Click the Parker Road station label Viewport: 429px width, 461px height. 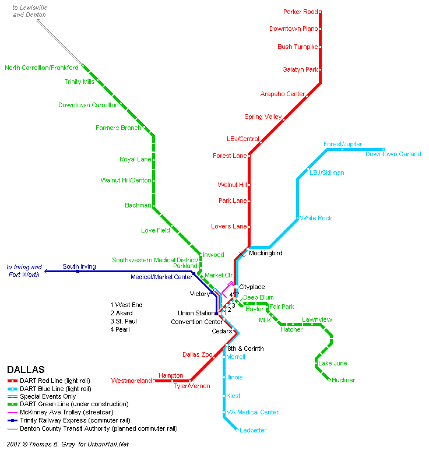coord(300,12)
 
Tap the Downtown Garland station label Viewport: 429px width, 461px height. coord(393,154)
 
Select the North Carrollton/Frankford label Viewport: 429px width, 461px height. coord(41,68)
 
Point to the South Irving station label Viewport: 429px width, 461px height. coord(79,267)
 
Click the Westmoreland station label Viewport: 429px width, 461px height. coord(131,381)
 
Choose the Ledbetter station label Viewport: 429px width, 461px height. coord(253,431)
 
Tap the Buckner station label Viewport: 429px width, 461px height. coord(343,381)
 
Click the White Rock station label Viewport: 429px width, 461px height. coord(316,219)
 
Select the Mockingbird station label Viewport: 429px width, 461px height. coord(265,254)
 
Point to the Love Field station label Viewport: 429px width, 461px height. coord(156,231)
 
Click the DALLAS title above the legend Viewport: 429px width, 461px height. coord(26,369)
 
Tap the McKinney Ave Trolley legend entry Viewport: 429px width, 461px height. coord(66,412)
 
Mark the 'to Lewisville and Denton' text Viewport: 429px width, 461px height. coord(30,11)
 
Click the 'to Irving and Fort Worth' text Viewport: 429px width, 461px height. coord(24,270)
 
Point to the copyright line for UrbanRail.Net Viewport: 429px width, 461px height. coord(68,444)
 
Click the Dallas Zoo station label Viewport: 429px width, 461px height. coord(198,355)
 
